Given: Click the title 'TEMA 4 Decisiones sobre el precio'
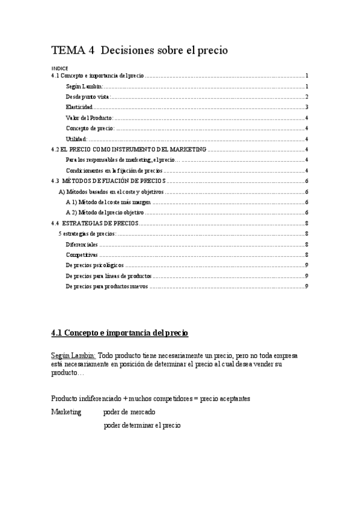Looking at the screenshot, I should [139, 51].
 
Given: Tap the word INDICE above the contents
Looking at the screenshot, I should [59, 69].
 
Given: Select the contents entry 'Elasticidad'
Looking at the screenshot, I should [79, 107].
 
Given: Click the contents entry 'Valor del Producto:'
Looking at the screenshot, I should [89, 118].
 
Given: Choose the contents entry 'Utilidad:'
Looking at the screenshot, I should [77, 139].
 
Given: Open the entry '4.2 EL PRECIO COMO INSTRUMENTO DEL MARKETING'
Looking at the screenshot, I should [129, 150].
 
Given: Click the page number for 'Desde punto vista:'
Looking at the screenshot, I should [307, 97].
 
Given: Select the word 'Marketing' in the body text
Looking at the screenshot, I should [66, 412].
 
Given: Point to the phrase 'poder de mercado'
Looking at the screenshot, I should [129, 412].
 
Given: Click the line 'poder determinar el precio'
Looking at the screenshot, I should [142, 425].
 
